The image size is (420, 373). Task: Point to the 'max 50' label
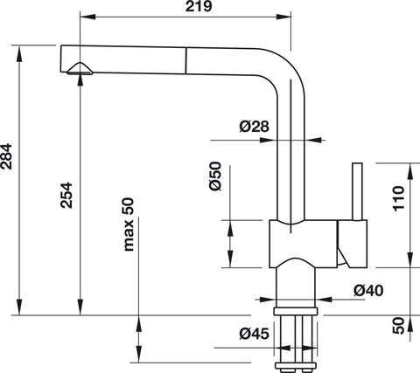[129, 225]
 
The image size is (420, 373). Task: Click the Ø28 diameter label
[254, 128]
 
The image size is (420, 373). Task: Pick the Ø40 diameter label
[367, 290]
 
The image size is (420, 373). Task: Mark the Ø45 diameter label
[254, 332]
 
